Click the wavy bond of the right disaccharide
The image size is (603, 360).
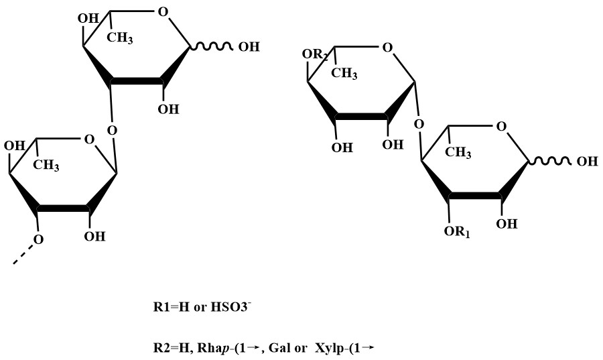click(x=551, y=162)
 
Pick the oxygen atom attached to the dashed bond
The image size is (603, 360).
click(x=40, y=239)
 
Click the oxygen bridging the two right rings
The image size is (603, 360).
click(x=419, y=125)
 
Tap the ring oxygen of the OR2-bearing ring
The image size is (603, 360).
click(x=387, y=48)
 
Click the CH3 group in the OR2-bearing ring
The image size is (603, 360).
click(x=344, y=72)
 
